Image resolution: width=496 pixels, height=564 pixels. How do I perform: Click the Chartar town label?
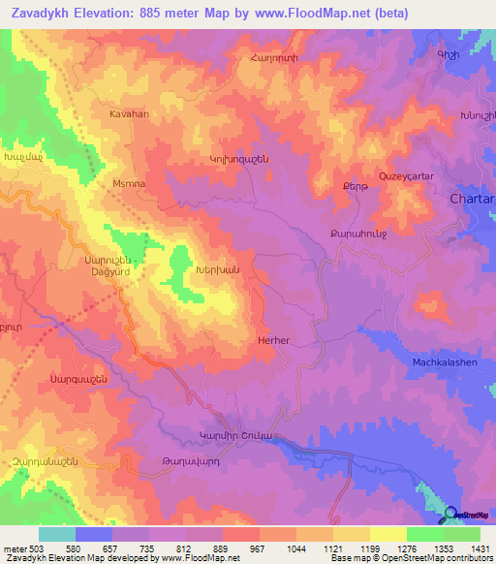[473, 199]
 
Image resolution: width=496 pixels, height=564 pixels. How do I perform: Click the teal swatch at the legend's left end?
[57, 534]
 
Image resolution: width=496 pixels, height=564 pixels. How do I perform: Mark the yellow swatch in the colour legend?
[388, 534]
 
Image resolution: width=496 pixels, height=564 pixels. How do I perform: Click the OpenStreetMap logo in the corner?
[466, 516]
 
